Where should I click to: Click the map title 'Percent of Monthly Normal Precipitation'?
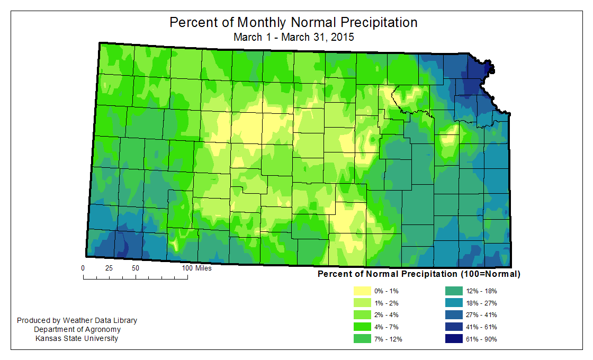pos(293,23)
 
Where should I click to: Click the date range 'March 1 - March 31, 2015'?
pos(293,38)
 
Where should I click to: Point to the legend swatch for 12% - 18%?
pos(454,291)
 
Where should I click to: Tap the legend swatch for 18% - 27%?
pos(454,303)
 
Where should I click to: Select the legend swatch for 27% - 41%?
pos(454,315)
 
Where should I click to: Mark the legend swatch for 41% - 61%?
pos(454,327)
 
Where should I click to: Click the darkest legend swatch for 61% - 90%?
pos(454,339)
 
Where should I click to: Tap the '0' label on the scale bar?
pos(83,268)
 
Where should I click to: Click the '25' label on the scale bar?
pos(109,268)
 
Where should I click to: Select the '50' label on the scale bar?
pos(136,268)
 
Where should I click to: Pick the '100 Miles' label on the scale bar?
pos(196,268)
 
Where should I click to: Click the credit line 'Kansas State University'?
pos(77,338)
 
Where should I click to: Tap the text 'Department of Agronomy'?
pos(77,329)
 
